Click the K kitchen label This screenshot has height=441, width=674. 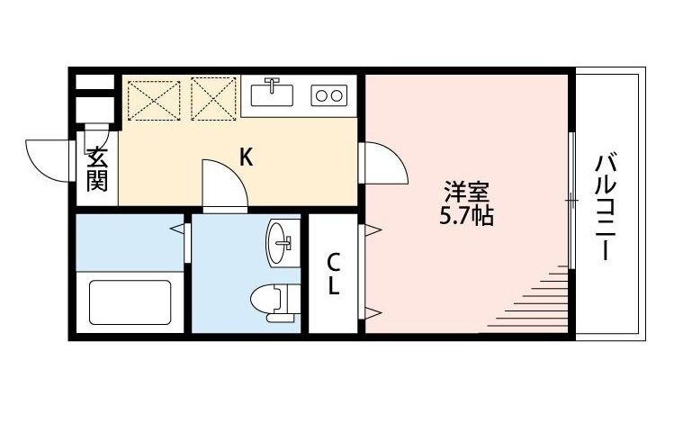point(245,157)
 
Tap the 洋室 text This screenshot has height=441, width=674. point(467,192)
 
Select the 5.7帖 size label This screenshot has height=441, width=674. point(467,216)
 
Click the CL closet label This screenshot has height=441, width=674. point(333,274)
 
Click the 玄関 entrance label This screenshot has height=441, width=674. point(97,169)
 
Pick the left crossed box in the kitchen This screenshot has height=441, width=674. point(154,98)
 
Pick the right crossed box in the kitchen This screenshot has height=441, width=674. point(213,98)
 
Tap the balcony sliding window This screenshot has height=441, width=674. point(571,202)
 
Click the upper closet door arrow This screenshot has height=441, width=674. point(371,229)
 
